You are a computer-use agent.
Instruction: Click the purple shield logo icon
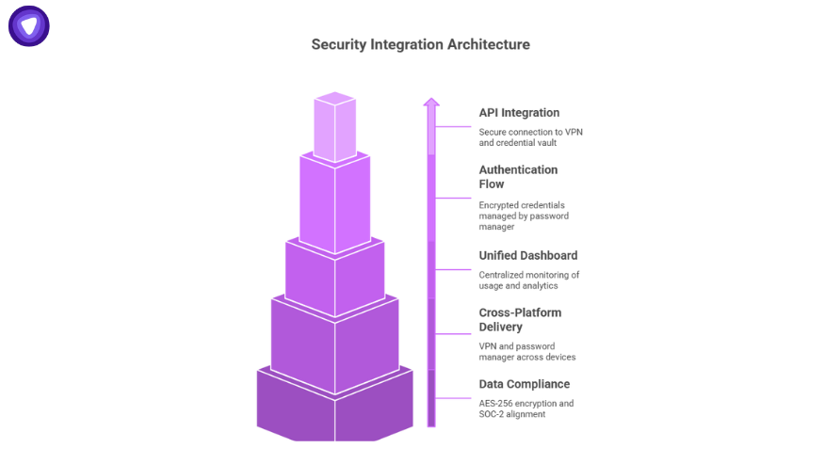29,25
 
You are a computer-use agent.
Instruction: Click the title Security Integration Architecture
420,44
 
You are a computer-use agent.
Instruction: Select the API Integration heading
518,113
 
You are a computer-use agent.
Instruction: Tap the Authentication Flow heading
518,177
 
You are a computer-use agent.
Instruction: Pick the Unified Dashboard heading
527,255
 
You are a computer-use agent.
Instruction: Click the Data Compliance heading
524,384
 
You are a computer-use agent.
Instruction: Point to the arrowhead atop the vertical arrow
431,102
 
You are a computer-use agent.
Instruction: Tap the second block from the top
334,202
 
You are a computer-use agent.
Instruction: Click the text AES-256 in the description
495,403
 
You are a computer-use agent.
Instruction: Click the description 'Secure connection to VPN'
530,132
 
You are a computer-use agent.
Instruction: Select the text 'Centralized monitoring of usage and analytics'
528,280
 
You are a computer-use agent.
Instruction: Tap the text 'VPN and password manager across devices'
526,351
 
